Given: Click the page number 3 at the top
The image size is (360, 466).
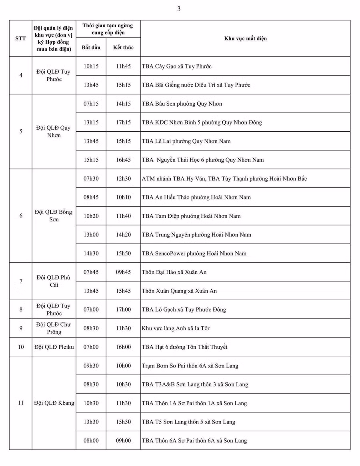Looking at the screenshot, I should pos(179,9).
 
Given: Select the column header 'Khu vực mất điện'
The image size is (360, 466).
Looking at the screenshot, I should pos(245,38).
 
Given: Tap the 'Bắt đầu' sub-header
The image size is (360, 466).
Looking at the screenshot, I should pos(91,47).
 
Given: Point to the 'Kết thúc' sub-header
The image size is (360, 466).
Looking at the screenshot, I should pos(123,47).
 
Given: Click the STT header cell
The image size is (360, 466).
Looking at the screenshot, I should pos(20,38).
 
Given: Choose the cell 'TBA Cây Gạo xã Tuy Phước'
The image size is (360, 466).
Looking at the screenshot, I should pos(176,66).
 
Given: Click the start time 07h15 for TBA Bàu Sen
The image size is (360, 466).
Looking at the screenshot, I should pos(91,104).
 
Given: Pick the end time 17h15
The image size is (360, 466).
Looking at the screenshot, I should pos(123,123).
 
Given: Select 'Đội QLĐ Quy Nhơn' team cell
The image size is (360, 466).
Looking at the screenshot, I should pos(54,131).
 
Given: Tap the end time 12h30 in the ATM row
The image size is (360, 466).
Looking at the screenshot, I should pos(123,179).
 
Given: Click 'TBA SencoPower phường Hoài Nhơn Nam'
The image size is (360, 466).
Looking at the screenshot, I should pos(194,253).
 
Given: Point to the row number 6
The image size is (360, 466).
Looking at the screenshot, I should pos(21,216).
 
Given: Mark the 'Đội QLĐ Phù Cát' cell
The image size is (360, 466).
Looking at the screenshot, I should pos(54,281).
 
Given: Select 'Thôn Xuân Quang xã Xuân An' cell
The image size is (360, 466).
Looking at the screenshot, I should pos(179,291).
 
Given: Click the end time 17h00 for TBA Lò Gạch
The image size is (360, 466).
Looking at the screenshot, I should pos(123,309).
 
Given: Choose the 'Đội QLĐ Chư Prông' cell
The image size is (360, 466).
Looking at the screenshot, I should pos(54,328).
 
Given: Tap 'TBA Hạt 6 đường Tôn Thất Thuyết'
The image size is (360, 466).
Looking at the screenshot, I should pos(184,347).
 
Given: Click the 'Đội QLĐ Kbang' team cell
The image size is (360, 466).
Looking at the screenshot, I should pos(54,403).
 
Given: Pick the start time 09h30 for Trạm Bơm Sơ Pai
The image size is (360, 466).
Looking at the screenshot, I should pos(91,366).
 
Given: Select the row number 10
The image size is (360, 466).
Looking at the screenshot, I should pos(21,347).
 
